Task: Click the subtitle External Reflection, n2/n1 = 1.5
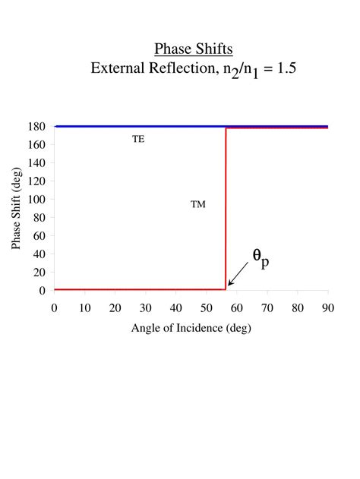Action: coord(193,69)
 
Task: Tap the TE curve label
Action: coord(138,139)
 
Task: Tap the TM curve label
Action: coord(197,204)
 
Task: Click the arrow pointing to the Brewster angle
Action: coord(238,276)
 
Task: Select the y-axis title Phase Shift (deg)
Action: coord(16,208)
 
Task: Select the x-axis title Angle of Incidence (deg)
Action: coord(191,328)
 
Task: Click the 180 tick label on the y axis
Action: coord(38,126)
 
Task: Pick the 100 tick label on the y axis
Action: coord(38,199)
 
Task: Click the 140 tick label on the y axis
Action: coord(38,162)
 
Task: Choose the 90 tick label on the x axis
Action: coord(327,307)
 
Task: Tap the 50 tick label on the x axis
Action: coord(206,307)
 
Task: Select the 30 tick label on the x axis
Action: coord(145,307)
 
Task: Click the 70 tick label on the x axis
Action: coord(267,307)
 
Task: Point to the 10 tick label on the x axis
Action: coord(84,307)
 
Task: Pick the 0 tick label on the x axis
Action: coord(54,307)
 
